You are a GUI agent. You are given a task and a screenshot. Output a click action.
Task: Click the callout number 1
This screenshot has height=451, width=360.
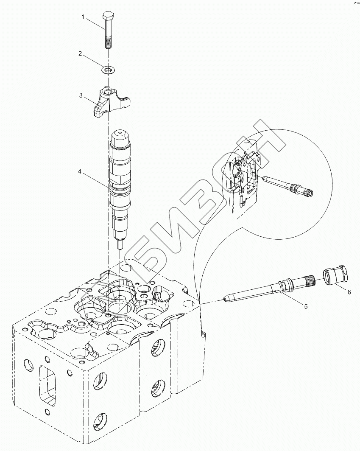point(83,17)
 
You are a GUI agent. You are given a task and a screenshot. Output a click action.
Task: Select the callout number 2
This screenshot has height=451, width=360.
point(80,53)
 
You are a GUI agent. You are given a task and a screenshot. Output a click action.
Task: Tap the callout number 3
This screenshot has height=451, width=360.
point(81,95)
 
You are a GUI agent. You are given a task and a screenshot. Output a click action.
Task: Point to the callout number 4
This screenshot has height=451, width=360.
point(79,171)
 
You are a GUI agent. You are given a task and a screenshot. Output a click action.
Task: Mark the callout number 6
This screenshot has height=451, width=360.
point(349,292)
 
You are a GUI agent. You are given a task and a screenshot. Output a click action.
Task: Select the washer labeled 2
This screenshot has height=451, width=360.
point(109,69)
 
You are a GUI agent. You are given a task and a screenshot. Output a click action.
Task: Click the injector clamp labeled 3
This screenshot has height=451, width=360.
point(109,102)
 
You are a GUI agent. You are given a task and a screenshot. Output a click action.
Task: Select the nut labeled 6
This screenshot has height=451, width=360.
point(336,275)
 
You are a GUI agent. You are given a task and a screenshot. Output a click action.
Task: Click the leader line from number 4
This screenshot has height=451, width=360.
point(96,179)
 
